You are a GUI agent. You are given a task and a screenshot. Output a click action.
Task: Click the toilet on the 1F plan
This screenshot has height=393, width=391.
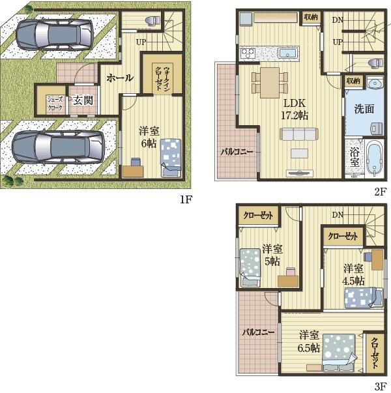(x=153, y=21)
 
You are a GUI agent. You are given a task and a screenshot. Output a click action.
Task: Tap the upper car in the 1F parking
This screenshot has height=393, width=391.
(x=55, y=34)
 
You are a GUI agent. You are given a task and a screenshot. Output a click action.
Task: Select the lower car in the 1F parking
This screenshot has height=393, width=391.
(x=58, y=147)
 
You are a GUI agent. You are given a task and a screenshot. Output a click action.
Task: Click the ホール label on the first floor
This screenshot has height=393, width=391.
(x=119, y=78)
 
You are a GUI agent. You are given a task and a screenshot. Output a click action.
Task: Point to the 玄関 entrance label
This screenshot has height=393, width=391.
(x=83, y=101)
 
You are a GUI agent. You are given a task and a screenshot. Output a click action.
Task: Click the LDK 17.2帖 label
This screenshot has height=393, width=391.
(x=295, y=109)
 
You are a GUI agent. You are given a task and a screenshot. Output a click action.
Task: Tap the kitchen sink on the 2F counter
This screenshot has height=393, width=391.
(x=288, y=53)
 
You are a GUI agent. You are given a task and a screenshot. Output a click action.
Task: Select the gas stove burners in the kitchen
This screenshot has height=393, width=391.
(x=248, y=53)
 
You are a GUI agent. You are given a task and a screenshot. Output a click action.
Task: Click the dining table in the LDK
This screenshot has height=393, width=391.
(x=270, y=83)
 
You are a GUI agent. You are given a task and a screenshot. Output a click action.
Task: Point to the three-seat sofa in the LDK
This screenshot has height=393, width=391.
(x=299, y=134)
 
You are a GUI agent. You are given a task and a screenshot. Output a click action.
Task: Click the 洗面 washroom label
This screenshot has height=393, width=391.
(x=364, y=109)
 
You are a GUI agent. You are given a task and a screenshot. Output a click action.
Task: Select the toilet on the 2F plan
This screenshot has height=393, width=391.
(x=377, y=63)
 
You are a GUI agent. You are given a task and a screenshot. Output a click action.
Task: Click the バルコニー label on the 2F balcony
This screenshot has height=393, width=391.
(x=237, y=152)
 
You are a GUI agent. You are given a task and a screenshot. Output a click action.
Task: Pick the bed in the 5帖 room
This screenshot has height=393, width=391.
(x=250, y=268)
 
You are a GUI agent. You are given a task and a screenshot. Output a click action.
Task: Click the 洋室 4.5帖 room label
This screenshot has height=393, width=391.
(x=353, y=274)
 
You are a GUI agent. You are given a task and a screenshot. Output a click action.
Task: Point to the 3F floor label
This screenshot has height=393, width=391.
(x=381, y=386)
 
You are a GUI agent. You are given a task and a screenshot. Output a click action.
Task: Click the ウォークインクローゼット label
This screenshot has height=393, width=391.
(x=163, y=78)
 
